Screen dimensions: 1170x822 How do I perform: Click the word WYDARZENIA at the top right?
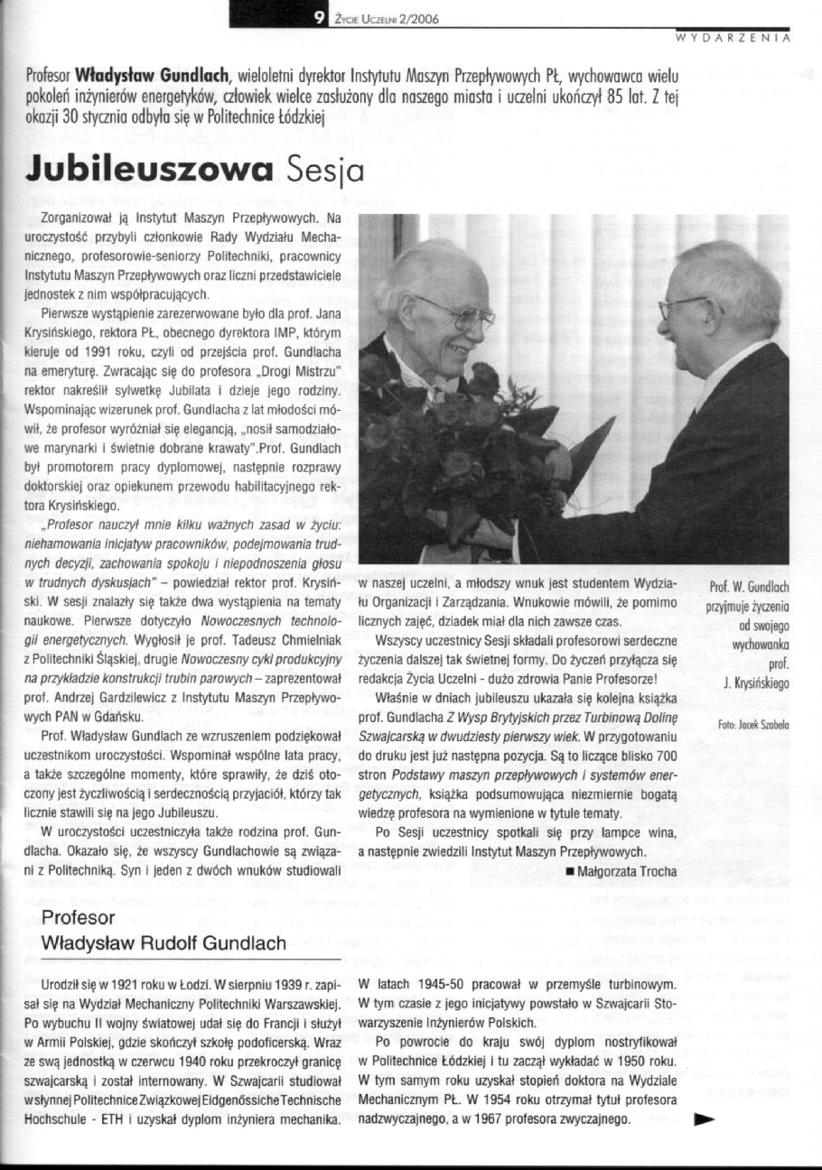[x=733, y=39]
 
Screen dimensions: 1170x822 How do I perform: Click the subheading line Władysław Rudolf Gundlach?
[x=163, y=943]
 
